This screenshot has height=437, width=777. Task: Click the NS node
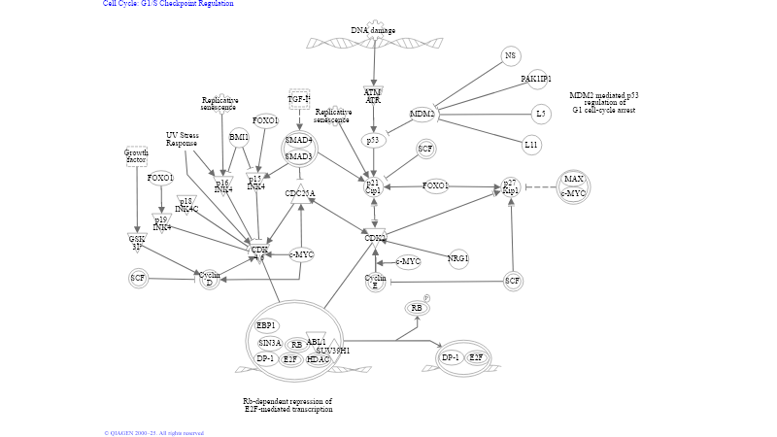click(511, 56)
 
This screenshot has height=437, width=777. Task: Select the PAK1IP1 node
click(535, 79)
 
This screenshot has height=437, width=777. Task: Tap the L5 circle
click(540, 115)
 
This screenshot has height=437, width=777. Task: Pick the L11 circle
click(530, 146)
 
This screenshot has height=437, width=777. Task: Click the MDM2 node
click(422, 115)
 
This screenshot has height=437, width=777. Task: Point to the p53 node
click(373, 141)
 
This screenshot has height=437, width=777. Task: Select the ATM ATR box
click(373, 95)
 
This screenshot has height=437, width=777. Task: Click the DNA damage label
click(373, 30)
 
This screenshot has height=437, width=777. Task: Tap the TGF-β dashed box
click(299, 99)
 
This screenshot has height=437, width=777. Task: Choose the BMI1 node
click(239, 137)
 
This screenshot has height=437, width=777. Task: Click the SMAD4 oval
click(298, 141)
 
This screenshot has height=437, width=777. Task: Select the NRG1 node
click(458, 258)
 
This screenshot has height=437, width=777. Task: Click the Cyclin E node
click(376, 282)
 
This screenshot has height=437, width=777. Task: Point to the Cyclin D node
click(208, 280)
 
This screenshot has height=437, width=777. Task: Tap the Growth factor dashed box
click(136, 155)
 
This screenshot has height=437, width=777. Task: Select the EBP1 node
click(266, 325)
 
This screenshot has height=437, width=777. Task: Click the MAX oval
click(574, 180)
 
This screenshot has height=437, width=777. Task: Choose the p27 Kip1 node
click(511, 186)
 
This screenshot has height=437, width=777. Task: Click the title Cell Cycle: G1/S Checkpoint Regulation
click(169, 4)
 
